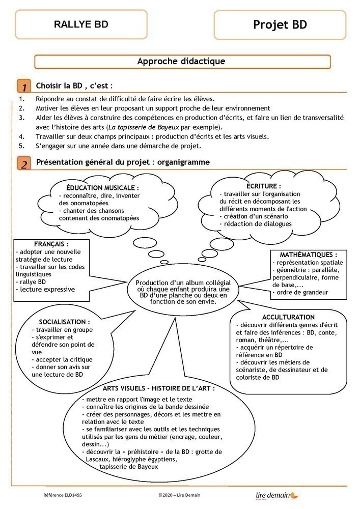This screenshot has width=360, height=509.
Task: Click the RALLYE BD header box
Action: tap(81, 24)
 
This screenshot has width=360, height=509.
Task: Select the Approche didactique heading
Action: tap(181, 62)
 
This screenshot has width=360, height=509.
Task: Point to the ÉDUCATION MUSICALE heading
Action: tap(102, 188)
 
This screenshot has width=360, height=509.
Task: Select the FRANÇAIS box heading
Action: tap(51, 244)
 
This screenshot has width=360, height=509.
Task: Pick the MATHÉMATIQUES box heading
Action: tap(308, 254)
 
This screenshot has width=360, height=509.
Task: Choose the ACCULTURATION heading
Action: tap(290, 317)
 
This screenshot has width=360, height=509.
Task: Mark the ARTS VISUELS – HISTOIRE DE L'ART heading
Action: tap(158, 388)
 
